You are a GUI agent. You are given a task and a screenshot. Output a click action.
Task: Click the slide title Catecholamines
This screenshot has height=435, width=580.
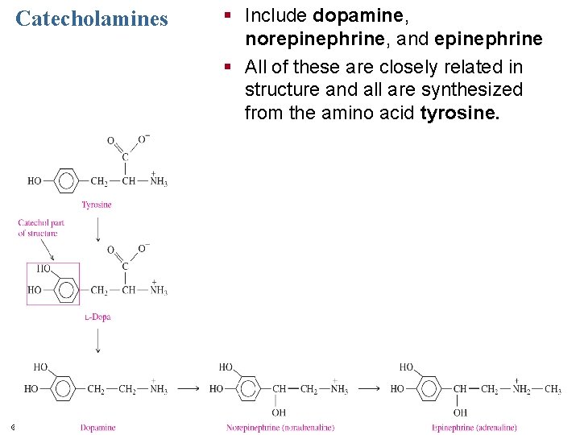click(x=92, y=19)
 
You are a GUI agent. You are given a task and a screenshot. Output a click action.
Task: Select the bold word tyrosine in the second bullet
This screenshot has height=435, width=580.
click(x=459, y=113)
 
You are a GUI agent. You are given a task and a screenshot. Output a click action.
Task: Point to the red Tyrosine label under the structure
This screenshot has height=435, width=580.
click(x=97, y=205)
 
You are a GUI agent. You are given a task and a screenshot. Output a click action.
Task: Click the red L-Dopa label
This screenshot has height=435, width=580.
click(x=97, y=317)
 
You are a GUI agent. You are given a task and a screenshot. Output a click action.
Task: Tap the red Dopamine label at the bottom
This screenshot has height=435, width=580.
click(x=97, y=428)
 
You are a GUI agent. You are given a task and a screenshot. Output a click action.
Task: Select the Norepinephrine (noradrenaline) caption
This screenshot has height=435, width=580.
click(x=280, y=428)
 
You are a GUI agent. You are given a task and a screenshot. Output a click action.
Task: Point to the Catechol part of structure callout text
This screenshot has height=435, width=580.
click(x=41, y=228)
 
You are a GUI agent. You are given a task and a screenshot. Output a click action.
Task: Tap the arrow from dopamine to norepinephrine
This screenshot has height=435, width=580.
click(x=188, y=388)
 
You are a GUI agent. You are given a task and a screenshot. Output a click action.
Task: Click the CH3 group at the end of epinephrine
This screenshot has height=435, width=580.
click(x=553, y=389)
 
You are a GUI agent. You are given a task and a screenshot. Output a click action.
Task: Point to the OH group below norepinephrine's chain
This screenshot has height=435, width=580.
click(x=279, y=412)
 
